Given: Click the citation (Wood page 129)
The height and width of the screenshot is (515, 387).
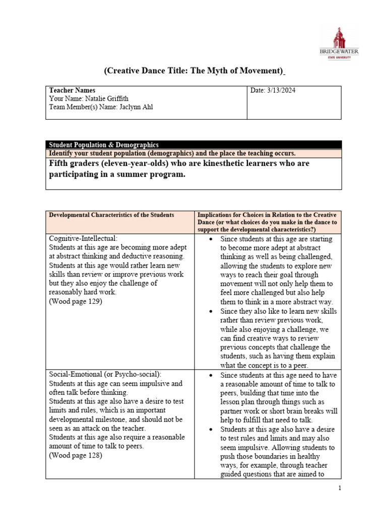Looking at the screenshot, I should click(76, 302).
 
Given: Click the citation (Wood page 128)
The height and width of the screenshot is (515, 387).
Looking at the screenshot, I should click(76, 456).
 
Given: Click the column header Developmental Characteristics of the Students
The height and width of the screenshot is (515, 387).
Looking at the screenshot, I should click(111, 215).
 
